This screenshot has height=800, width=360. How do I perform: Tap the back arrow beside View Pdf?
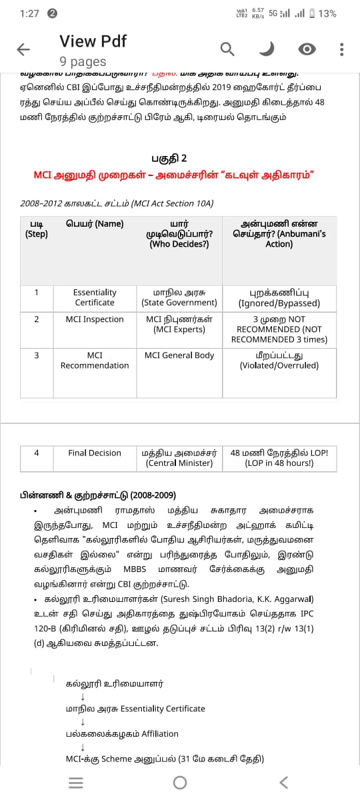point(23,49)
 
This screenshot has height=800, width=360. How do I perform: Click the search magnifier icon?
point(227,49)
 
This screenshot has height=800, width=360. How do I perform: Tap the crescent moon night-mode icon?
point(267,49)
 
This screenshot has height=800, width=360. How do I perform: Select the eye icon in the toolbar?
point(307,49)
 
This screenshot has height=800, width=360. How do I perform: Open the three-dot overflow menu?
point(341,49)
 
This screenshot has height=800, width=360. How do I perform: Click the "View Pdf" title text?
point(93,41)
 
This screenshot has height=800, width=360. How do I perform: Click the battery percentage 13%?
point(327,13)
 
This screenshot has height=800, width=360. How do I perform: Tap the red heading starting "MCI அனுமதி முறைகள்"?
point(173,175)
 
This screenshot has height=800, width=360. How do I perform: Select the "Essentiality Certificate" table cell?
point(95,297)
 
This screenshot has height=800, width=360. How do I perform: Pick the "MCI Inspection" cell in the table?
point(95,319)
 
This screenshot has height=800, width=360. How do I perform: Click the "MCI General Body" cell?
point(179,355)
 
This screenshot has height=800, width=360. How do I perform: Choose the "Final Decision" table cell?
point(95,453)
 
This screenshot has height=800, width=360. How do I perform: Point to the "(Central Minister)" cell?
point(179,463)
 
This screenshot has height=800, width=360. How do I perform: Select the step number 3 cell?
point(36,355)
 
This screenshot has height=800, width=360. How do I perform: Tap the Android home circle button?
point(180,782)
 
